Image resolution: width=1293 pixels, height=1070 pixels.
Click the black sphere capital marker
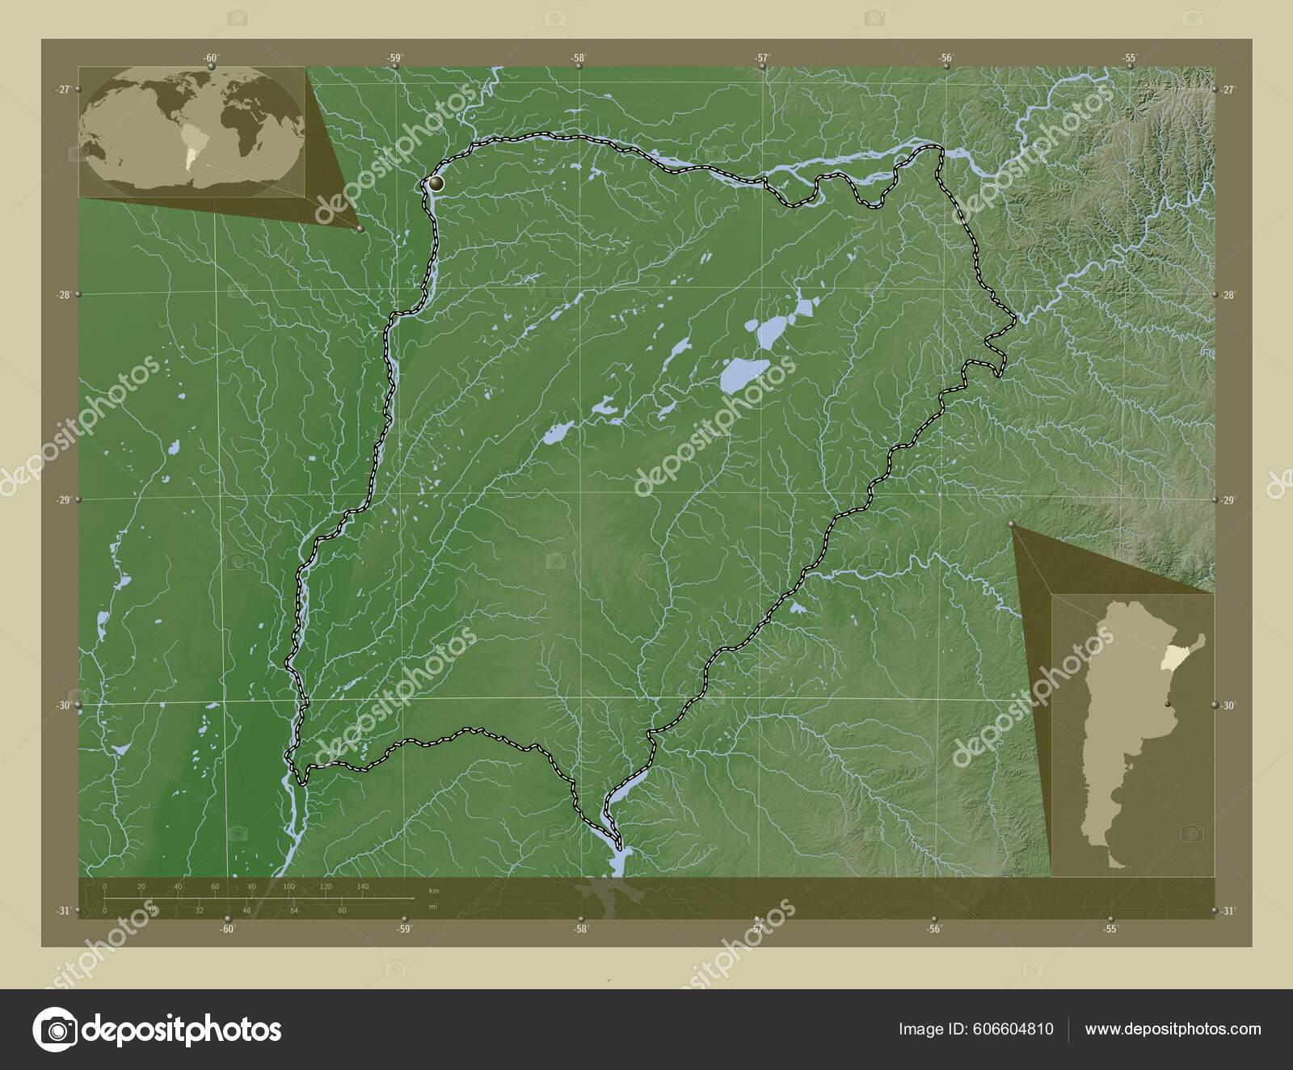(436, 184)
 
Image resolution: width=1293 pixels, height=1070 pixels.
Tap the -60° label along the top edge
(211, 57)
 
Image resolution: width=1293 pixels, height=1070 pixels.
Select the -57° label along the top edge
(762, 57)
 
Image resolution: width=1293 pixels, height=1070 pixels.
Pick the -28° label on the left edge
(63, 295)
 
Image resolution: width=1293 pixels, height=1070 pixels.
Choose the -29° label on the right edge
(1229, 501)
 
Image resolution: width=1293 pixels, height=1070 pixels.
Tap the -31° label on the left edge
(63, 911)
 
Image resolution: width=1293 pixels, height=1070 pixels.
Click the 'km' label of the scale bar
(434, 891)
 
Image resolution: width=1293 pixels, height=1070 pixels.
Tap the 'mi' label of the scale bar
(433, 907)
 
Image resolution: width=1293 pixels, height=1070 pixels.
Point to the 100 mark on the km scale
(289, 887)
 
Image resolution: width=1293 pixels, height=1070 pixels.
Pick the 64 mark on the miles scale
(295, 911)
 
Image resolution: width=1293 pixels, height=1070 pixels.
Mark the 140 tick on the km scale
(363, 887)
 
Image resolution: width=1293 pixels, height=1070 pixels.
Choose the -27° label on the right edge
(1229, 90)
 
